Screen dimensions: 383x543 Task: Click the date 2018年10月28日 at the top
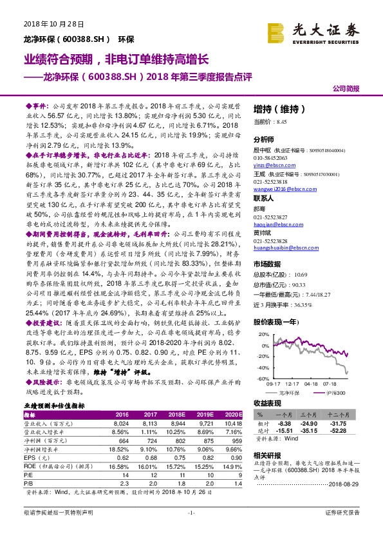click(x=46, y=24)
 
